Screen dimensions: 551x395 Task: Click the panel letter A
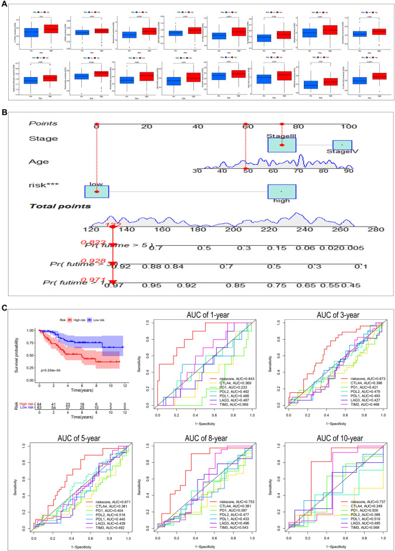click(5, 5)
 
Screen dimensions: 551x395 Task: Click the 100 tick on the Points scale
click(349, 126)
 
